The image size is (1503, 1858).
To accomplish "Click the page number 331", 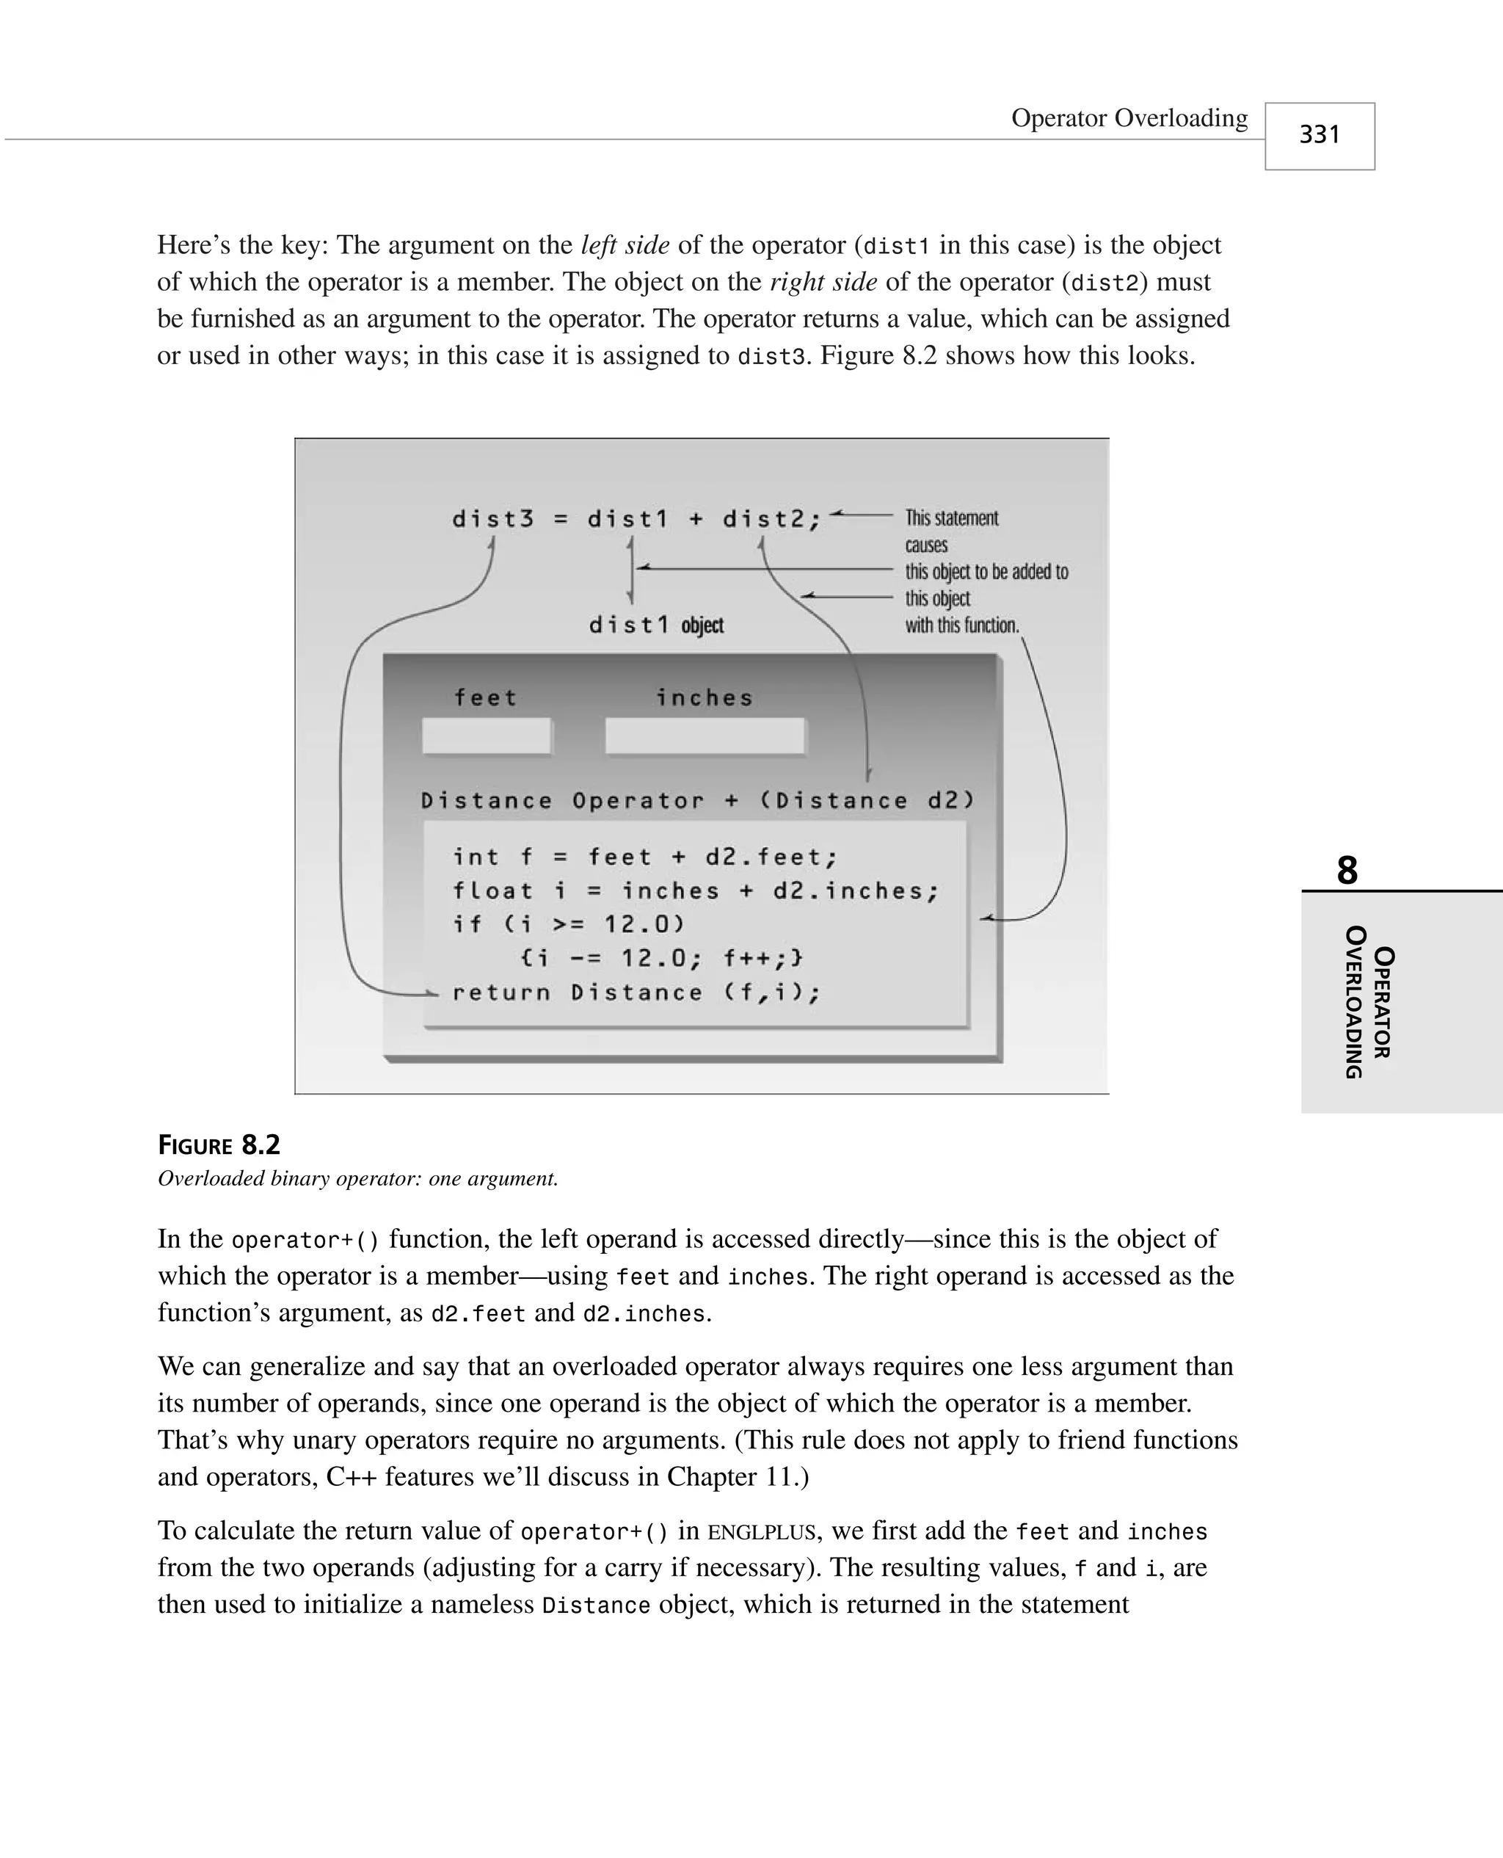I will pyautogui.click(x=1319, y=135).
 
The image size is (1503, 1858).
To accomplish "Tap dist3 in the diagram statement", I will pyautogui.click(x=492, y=520).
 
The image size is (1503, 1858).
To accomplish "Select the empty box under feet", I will pyautogui.click(x=486, y=736).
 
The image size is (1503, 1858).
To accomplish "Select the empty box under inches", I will pyautogui.click(x=705, y=736).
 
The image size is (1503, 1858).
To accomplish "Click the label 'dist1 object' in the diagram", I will pyautogui.click(x=655, y=625).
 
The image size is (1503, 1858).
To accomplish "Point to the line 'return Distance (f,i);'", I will pyautogui.click(x=636, y=992).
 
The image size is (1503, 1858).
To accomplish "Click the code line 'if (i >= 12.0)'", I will pyautogui.click(x=568, y=925).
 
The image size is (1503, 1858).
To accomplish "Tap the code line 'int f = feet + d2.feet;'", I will pyautogui.click(x=645, y=857).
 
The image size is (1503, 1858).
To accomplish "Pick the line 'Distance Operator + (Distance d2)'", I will pyautogui.click(x=698, y=801).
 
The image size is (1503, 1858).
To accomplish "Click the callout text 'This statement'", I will pyautogui.click(x=952, y=518).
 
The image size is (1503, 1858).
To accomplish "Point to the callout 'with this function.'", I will pyautogui.click(x=962, y=625).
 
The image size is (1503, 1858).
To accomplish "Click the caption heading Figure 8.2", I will pyautogui.click(x=219, y=1145).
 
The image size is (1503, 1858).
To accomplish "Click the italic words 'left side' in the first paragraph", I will pyautogui.click(x=625, y=245).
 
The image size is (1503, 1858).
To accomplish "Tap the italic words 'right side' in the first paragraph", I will pyautogui.click(x=823, y=282).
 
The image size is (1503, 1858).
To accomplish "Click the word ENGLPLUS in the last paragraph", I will pyautogui.click(x=761, y=1533).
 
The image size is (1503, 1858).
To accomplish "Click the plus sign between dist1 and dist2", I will pyautogui.click(x=695, y=520).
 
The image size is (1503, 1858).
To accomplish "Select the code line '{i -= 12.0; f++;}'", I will pyautogui.click(x=662, y=959).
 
